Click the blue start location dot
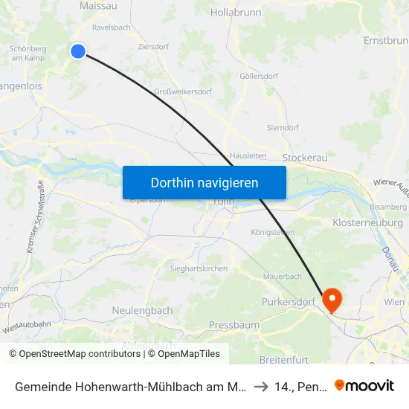pos(78,51)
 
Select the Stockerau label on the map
pos(306,158)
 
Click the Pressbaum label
pos(234,325)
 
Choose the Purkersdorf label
pos(289,302)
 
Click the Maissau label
pos(97,6)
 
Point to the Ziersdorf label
pos(153,46)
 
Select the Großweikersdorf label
pos(182,92)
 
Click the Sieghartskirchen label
pos(199,268)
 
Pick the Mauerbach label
pos(282,277)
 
